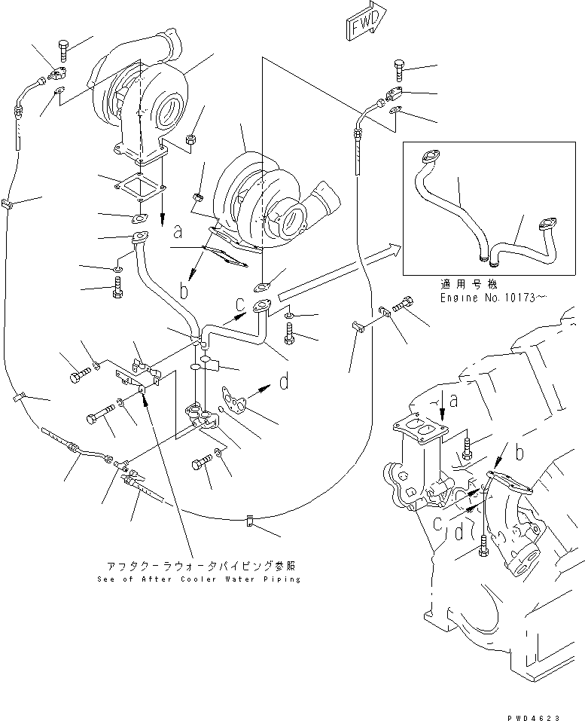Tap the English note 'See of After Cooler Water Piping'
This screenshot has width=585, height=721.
click(x=199, y=579)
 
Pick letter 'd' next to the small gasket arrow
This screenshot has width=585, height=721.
click(x=284, y=383)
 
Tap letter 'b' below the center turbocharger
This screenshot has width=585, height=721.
click(x=183, y=289)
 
